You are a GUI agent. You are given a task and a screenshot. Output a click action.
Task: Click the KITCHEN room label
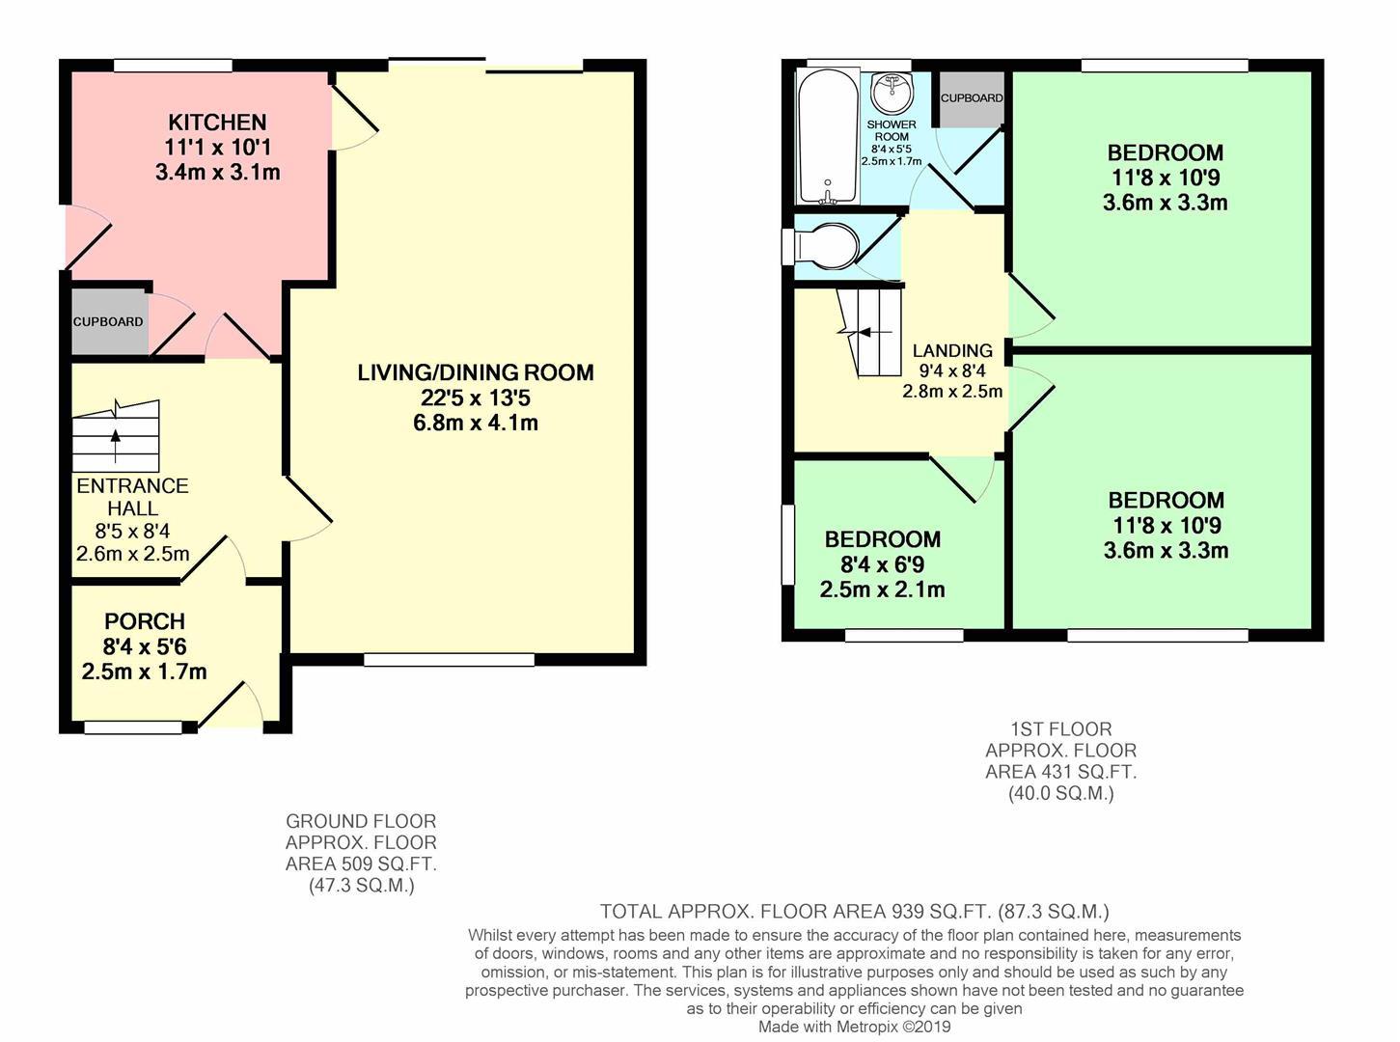217,123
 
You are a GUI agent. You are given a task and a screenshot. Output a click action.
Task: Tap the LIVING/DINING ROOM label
475,372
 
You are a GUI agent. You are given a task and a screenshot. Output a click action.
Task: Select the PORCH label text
145,621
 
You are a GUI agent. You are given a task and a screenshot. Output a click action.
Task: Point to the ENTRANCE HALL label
132,497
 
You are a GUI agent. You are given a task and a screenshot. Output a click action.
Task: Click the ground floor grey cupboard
108,321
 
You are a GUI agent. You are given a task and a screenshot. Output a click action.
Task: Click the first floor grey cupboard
971,98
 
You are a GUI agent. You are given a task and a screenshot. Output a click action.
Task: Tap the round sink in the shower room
892,95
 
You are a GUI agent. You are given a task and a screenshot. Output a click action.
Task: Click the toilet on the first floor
826,246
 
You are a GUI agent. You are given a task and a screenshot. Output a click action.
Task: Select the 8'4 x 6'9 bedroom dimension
882,564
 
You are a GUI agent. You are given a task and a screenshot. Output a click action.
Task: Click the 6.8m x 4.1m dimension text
475,423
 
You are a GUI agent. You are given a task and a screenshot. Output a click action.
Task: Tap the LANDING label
952,351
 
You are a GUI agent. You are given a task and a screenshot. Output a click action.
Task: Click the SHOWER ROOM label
892,130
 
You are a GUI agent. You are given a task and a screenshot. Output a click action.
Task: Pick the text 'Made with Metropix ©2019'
855,1027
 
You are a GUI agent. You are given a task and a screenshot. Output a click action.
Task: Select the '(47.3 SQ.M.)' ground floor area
361,885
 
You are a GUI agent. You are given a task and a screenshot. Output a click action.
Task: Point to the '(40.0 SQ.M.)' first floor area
1060,793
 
